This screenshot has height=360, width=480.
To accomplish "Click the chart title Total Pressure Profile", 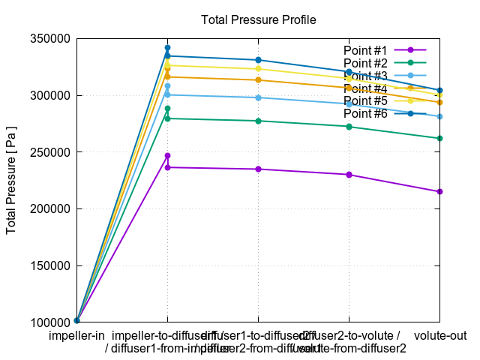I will tap(258, 19).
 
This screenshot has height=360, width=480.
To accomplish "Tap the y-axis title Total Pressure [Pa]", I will tap(12, 180).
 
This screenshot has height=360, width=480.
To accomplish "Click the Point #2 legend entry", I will tap(365, 62).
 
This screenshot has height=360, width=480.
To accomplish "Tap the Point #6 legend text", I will tap(365, 113).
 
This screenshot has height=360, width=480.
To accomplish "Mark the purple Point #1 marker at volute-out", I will tap(439, 191).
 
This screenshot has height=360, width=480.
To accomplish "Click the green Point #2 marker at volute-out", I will tap(439, 138).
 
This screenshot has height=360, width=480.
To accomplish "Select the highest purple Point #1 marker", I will tap(167, 155).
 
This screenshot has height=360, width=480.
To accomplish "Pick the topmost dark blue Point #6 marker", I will tap(167, 47).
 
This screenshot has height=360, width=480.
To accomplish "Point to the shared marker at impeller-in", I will tap(76, 321).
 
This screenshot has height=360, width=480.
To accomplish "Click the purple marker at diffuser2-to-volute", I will tap(349, 175).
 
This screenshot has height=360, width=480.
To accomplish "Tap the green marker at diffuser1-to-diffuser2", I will tap(258, 121).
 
